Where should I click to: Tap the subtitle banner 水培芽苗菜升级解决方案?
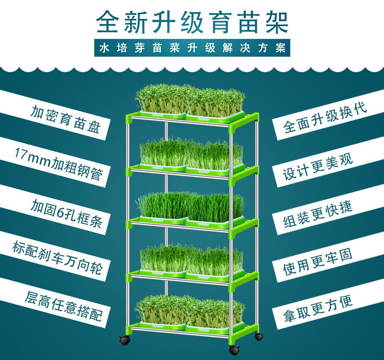[x=192, y=49]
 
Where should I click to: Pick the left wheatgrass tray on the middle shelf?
[x=163, y=207]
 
